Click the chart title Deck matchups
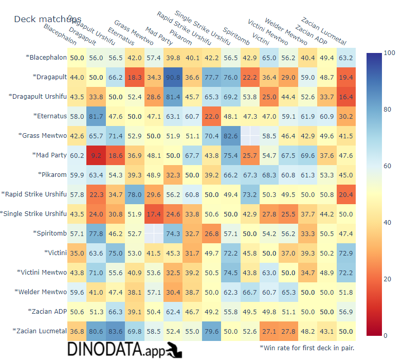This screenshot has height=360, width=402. point(47,19)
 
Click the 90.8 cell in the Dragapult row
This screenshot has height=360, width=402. point(173,77)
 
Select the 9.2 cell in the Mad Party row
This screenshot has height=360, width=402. point(96,155)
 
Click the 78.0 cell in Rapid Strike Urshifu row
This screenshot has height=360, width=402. point(135,194)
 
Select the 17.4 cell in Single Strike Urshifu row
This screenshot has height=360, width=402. point(154,213)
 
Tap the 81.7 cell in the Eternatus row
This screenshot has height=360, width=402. point(96,116)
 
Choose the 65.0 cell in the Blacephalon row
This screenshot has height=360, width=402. point(269,58)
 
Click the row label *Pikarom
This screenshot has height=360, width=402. point(52,174)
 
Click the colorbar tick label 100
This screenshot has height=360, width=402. point(389,52)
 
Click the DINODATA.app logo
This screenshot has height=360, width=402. point(125,350)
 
